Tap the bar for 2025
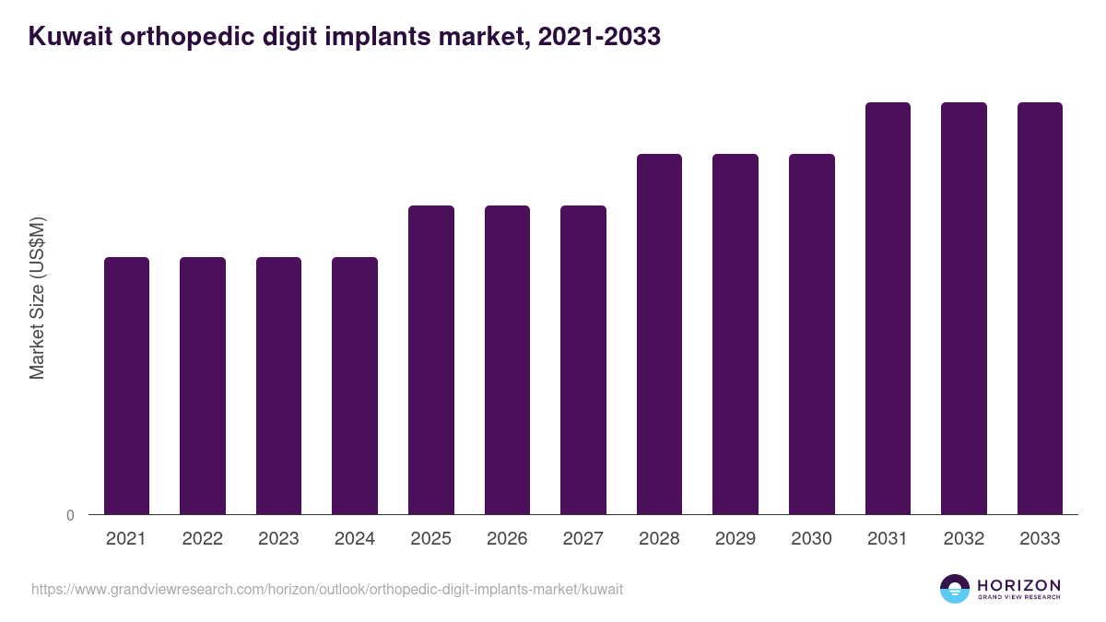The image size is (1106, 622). [431, 359]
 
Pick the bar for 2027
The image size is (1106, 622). [583, 359]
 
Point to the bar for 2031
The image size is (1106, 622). [888, 308]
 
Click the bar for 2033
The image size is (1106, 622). [1040, 308]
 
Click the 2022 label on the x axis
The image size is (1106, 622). [202, 539]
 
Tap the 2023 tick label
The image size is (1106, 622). [278, 539]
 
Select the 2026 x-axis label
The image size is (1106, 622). [507, 539]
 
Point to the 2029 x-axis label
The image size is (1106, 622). [735, 539]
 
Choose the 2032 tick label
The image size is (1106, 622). [963, 539]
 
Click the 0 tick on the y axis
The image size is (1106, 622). [70, 515]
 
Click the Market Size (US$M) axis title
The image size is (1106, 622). [37, 297]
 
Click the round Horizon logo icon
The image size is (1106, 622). [955, 589]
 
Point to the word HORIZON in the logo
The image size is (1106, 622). [1018, 584]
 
